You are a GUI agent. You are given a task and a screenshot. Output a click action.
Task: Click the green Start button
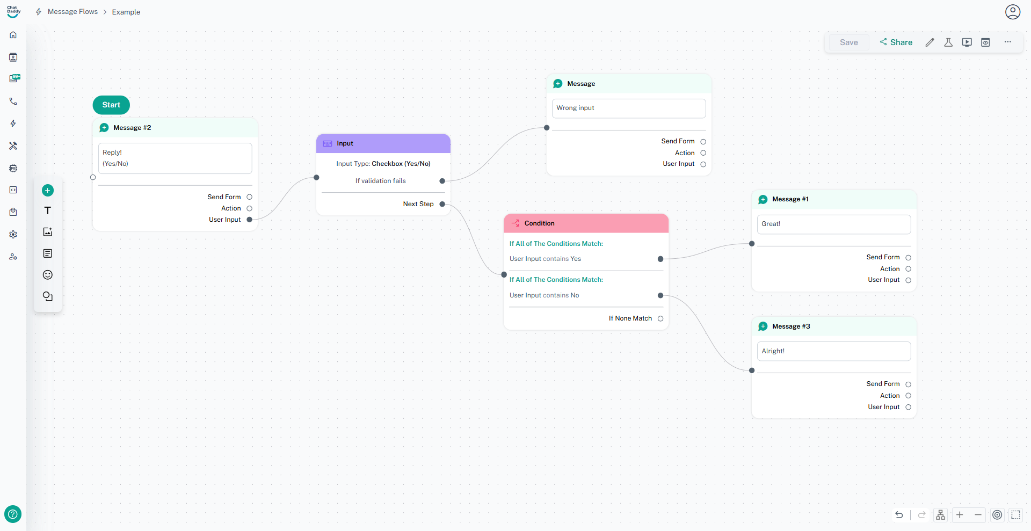coord(111,105)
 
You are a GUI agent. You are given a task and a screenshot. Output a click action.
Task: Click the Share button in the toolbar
coord(896,42)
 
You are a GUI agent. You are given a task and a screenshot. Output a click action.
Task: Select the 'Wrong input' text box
coord(628,108)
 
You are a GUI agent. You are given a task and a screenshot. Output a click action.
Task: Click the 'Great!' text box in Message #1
coord(833,224)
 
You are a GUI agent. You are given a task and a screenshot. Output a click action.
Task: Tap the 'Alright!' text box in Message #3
coord(833,351)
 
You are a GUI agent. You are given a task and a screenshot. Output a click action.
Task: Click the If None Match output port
coord(660,318)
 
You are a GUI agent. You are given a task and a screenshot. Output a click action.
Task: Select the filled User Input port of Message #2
coord(249,220)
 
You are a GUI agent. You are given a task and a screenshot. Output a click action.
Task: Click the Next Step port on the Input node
coord(442,204)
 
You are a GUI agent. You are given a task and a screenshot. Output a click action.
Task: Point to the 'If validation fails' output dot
coord(442,181)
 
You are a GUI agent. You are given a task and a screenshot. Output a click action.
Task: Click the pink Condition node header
coord(586,223)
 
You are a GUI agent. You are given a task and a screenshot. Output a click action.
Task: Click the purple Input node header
coord(383,143)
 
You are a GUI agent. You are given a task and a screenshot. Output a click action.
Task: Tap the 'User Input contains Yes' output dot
coord(660,259)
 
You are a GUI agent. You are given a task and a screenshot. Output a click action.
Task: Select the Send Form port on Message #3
coord(908,384)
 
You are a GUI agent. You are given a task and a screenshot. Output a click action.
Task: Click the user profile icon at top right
coord(1012,12)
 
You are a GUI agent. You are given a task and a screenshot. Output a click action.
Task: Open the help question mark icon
coord(13,514)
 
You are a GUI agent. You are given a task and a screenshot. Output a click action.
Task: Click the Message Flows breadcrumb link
coord(72,12)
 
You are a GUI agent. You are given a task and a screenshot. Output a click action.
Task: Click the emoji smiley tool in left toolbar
coord(48,275)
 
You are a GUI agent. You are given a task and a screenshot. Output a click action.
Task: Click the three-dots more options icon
coord(1008,42)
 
